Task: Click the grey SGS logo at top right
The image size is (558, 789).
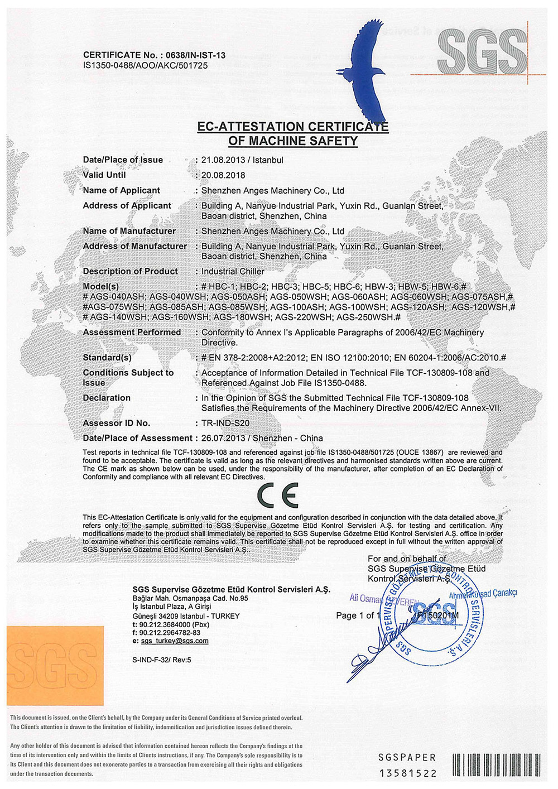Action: [x=482, y=51]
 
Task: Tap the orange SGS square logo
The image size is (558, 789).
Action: [x=55, y=665]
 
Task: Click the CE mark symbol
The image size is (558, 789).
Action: [x=278, y=494]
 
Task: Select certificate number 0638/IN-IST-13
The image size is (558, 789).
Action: [x=193, y=55]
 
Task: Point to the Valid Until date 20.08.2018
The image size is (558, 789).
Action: [x=223, y=175]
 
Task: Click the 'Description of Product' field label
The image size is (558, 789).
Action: [x=130, y=271]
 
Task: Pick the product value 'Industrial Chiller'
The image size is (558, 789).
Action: [x=233, y=272]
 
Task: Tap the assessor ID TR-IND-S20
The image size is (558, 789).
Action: [x=225, y=423]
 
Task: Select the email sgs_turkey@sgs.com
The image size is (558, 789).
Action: [x=175, y=641]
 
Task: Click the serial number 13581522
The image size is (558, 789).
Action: [x=408, y=773]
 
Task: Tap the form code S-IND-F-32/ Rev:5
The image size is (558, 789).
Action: [x=162, y=660]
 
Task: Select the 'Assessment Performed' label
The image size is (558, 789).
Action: [x=132, y=333]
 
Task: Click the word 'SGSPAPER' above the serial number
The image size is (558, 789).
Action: [x=407, y=758]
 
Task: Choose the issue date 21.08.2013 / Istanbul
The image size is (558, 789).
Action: [x=242, y=160]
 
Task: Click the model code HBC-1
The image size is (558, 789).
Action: [x=224, y=287]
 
